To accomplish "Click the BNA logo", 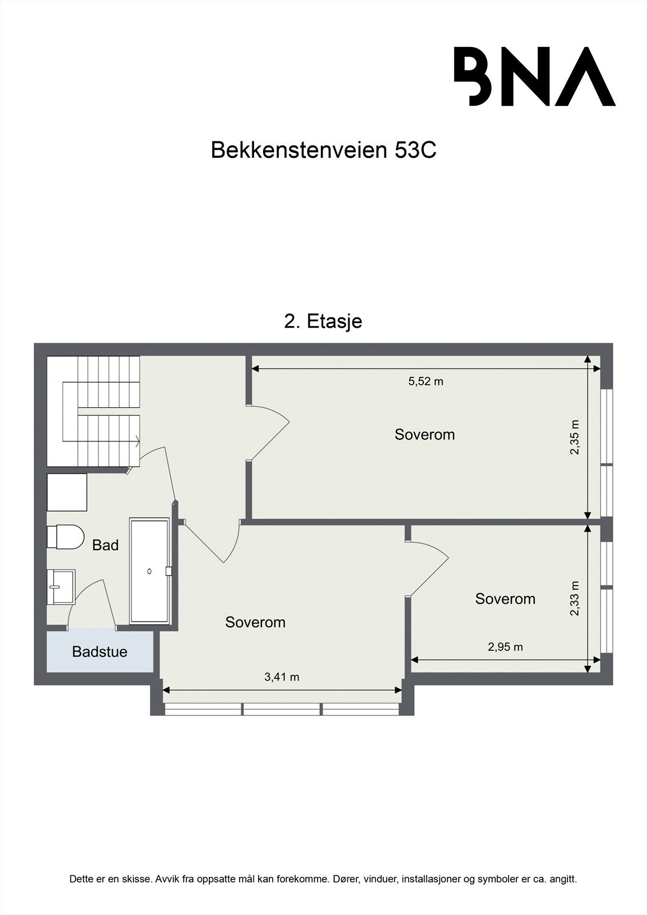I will click(x=534, y=76).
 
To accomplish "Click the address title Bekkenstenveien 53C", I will click(x=323, y=150).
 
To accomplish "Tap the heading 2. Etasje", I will click(x=323, y=321).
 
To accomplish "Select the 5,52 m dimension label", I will click(x=426, y=381).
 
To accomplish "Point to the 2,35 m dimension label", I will click(x=574, y=437).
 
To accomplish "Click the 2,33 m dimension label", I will click(x=574, y=598).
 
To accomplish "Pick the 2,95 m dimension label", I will click(x=505, y=647).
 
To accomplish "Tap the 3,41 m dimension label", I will click(x=281, y=677).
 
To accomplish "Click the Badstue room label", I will click(x=100, y=651).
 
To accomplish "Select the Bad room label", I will click(x=105, y=545).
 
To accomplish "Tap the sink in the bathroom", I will click(x=61, y=586).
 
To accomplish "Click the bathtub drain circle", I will click(x=149, y=571).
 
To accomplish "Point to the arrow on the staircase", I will click(x=137, y=440).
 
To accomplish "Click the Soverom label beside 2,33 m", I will click(x=505, y=599).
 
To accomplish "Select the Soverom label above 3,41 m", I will click(x=255, y=622).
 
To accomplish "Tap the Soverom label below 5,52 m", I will click(x=424, y=435).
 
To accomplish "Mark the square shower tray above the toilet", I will click(x=67, y=492).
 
